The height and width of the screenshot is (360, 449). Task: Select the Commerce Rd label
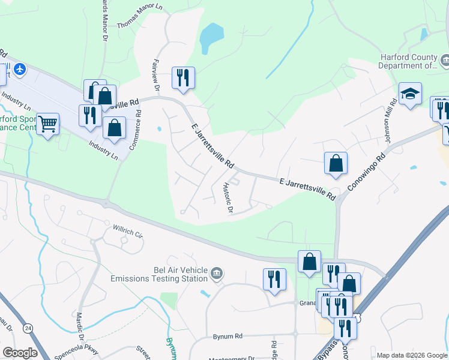point(138,127)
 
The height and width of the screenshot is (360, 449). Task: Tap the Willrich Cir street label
point(128,231)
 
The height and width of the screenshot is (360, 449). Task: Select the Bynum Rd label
point(227,337)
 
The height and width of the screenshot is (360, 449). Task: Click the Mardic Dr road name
point(79,325)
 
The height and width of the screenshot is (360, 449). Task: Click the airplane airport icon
point(20,70)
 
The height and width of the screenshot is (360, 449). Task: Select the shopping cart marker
point(48,124)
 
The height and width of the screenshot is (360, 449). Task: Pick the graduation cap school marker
point(410,94)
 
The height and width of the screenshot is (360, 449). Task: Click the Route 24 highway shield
point(28,328)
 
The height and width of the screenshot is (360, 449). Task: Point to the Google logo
point(20,353)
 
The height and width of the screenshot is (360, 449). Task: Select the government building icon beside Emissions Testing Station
point(216,274)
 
